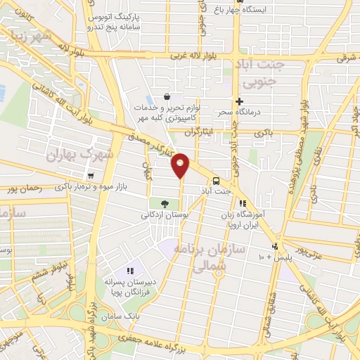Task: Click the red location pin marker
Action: point(181,165)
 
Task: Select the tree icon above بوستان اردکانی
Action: point(165,202)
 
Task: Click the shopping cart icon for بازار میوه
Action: point(91,176)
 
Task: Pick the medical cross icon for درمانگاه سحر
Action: point(240,101)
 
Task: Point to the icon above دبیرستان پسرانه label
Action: point(129,271)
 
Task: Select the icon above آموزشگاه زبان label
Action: point(243,204)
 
